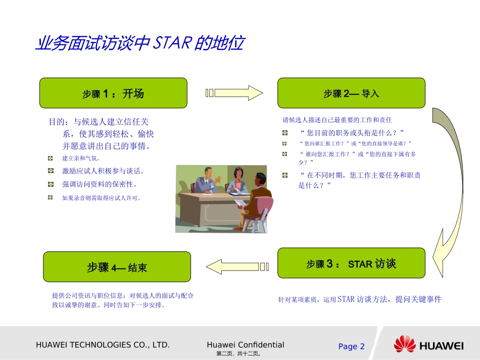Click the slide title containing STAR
point(139,44)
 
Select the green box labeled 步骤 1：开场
point(113,93)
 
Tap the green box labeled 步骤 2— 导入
point(351,93)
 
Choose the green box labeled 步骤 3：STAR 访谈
point(351,263)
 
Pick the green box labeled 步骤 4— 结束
point(117,267)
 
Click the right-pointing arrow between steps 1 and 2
point(234,93)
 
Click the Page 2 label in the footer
point(351,346)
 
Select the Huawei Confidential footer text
point(246,345)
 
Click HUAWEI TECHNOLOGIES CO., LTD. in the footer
point(103,345)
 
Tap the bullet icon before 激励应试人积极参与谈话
point(51,171)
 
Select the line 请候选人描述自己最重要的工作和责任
point(337,120)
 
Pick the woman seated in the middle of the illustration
point(236,180)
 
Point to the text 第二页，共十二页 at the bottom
point(238,354)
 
